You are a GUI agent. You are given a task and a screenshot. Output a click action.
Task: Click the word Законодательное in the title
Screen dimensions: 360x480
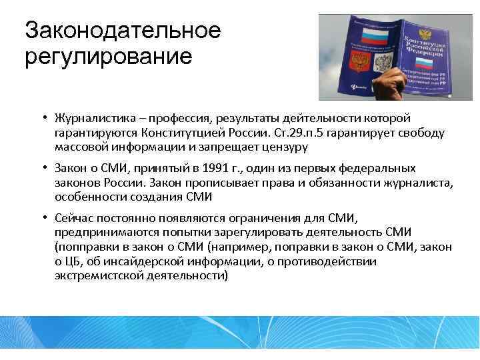click(122, 30)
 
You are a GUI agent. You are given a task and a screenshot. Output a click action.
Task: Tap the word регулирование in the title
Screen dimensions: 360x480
click(108, 55)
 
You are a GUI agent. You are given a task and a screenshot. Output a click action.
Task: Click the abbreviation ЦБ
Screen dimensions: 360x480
click(75, 261)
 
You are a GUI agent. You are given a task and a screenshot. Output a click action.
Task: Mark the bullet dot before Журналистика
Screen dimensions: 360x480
click(41, 119)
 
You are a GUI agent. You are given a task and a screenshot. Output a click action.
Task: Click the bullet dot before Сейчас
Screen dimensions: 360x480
click(41, 219)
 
